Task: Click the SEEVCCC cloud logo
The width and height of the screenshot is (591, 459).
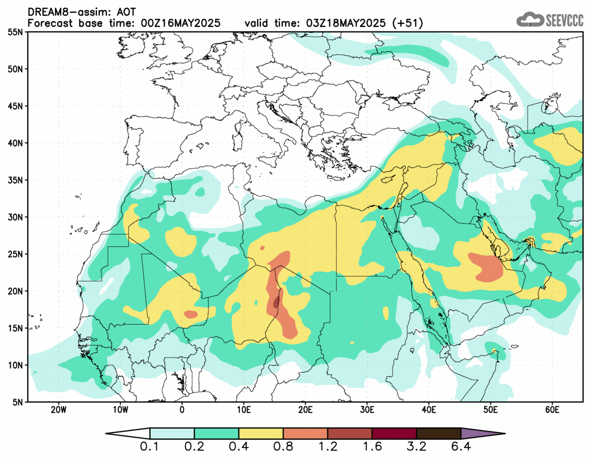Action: tap(529, 20)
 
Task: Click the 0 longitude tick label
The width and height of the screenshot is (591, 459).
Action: tap(182, 409)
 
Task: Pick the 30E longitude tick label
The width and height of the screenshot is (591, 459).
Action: tap(367, 409)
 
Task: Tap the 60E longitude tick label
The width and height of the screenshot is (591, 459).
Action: tap(552, 409)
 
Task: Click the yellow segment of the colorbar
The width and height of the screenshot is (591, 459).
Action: tap(261, 434)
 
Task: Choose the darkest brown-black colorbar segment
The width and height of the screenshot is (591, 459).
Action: tap(438, 434)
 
